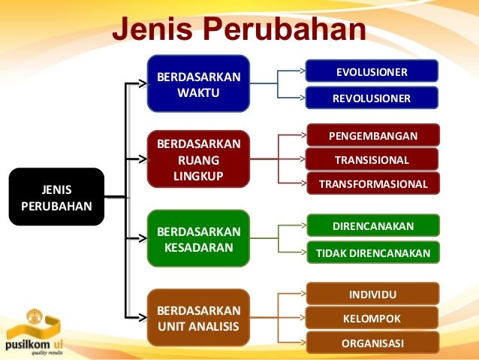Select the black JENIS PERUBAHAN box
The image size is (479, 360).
point(56,196)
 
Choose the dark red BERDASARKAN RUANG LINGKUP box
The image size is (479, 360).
point(198,159)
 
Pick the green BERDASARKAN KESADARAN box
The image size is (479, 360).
point(198,238)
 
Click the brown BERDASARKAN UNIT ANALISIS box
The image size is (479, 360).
point(198,318)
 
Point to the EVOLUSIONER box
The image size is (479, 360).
point(372,71)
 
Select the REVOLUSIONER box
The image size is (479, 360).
point(372,98)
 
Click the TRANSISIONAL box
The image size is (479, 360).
point(372,159)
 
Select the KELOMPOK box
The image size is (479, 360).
point(372,318)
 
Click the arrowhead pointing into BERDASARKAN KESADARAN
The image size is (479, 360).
point(142,238)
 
